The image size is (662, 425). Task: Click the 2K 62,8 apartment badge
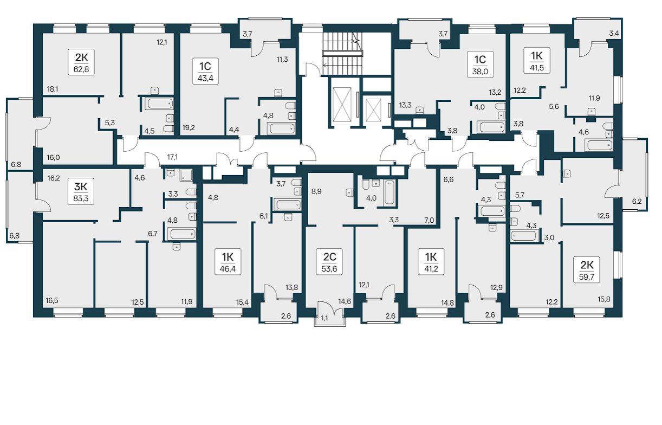click(81, 62)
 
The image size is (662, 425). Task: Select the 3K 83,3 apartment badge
click(81, 191)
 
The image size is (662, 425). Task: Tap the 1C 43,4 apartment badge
click(205, 71)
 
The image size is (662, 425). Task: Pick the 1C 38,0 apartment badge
click(480, 64)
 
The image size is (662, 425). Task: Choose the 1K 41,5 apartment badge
click(537, 60)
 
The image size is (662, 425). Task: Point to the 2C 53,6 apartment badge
click(329, 262)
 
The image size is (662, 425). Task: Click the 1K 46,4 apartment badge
click(228, 262)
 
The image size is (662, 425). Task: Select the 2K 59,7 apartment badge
click(587, 270)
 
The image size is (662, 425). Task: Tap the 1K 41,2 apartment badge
click(431, 262)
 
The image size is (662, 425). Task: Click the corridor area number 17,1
click(172, 157)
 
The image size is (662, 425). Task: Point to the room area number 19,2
click(189, 128)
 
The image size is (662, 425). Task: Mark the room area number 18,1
click(53, 89)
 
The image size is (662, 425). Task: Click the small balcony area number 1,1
click(324, 318)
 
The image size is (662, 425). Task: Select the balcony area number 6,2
click(637, 202)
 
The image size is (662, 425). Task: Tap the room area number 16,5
click(52, 301)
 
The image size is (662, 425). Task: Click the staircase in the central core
click(342, 54)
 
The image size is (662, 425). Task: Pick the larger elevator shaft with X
click(342, 105)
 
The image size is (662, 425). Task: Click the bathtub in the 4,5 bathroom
click(159, 104)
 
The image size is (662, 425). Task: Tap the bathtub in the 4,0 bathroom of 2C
click(390, 192)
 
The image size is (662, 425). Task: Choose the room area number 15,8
click(604, 299)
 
